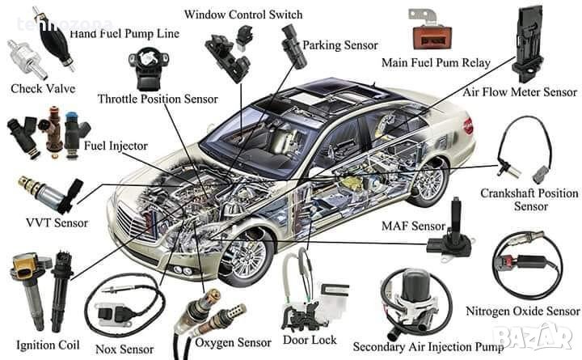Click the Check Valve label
37,87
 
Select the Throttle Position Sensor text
158,99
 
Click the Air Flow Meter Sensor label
520,92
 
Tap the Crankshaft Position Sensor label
529,200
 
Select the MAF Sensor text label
413,226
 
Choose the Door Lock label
310,341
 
